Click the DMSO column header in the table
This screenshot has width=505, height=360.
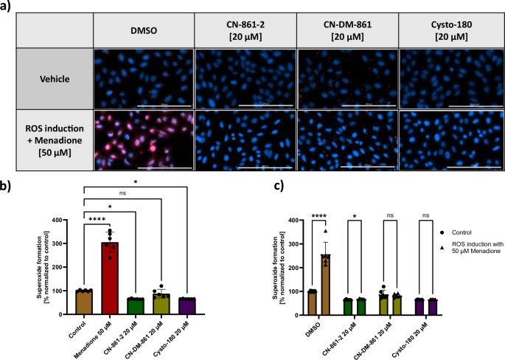point(144,32)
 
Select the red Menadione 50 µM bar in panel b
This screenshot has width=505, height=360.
point(112,269)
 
